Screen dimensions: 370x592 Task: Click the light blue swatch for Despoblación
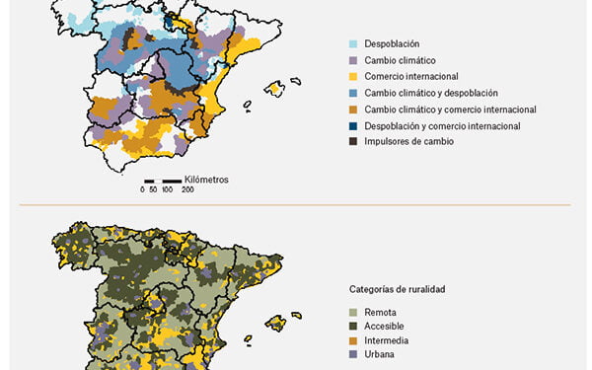coord(353,44)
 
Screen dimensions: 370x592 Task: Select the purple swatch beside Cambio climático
coord(353,60)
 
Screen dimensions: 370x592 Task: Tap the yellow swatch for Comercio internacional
coord(353,76)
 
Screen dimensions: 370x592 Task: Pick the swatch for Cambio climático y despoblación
coord(353,93)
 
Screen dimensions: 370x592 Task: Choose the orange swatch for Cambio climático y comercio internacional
coord(353,109)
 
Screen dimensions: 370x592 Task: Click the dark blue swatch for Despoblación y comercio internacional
coord(353,125)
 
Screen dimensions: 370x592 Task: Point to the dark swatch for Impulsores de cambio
coord(353,141)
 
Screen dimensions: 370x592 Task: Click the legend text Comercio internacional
coord(413,76)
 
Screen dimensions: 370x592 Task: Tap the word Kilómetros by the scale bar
coord(206,180)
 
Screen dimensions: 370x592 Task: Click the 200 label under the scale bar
coord(187,189)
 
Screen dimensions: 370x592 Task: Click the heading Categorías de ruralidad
coord(397,289)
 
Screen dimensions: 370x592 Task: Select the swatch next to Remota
coord(353,312)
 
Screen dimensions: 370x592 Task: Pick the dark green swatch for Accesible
coord(353,326)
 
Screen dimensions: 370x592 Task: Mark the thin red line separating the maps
coord(296,205)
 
